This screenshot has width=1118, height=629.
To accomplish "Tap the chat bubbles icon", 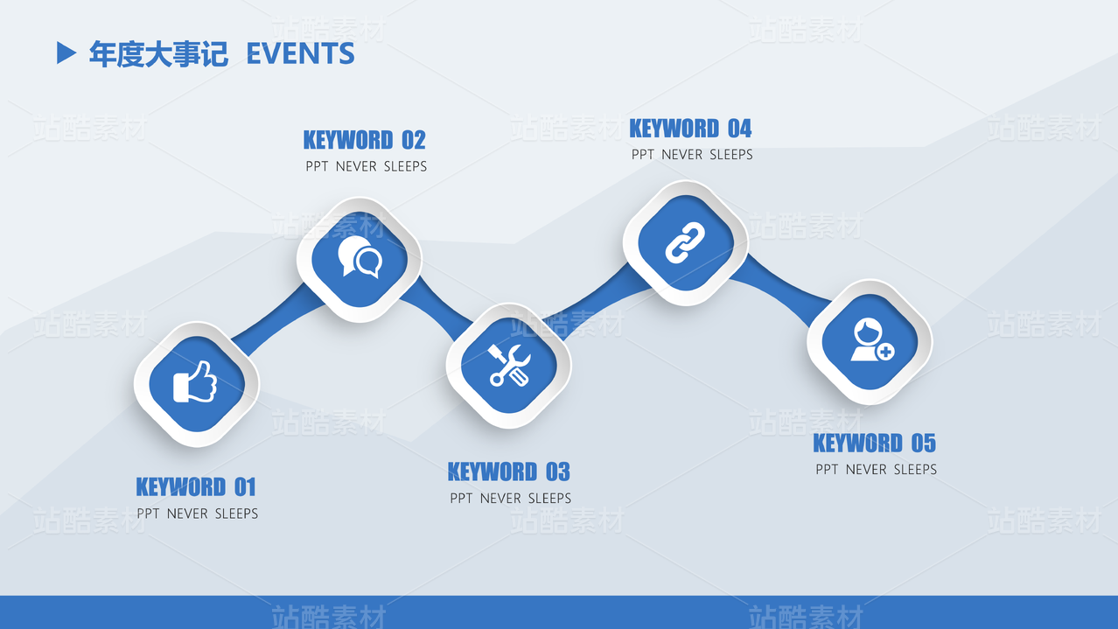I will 360,259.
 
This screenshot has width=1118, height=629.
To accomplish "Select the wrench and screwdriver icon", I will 508,365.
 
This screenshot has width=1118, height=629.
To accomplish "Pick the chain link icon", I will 685,242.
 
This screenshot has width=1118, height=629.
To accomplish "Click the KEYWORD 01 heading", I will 196,486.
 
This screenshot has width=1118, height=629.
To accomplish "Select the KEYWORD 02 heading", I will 364,140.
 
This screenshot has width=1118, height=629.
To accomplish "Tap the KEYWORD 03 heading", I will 508,472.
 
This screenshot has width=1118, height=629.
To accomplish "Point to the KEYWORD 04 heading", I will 690,129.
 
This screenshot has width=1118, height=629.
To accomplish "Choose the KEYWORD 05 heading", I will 874,444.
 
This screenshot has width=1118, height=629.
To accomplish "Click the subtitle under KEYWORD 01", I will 198,514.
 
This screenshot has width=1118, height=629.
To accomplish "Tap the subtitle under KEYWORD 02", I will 367,166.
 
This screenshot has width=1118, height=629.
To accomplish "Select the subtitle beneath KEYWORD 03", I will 511,499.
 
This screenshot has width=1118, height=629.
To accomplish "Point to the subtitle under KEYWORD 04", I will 692,155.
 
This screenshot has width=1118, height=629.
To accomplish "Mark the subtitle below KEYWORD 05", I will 876,470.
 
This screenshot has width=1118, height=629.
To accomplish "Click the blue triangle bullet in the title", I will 66,53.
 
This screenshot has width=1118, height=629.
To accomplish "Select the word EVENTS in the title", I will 300,54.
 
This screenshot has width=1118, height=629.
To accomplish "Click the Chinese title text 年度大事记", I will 158,54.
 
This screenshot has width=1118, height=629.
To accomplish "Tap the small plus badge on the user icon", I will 885,352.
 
